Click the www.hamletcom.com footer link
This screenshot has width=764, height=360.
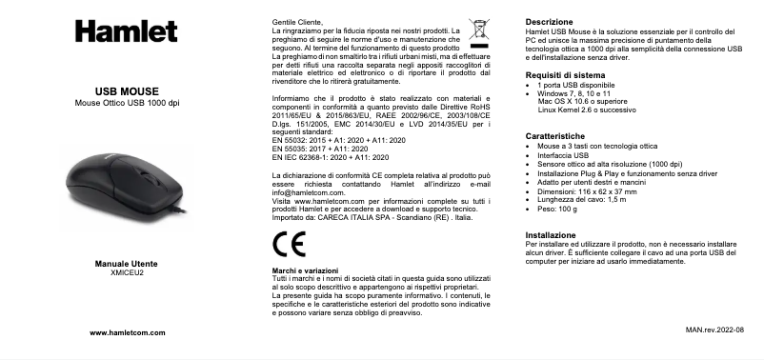[124, 331]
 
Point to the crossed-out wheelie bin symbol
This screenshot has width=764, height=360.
[479, 31]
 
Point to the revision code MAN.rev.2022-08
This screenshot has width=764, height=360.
[714, 329]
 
